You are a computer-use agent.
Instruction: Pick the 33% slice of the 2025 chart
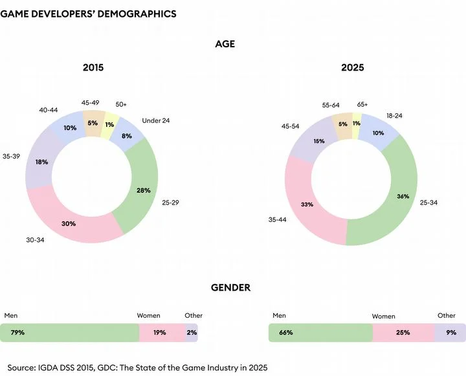307,205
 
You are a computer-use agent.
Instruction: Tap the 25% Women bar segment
404,333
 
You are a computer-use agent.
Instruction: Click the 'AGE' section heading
225,45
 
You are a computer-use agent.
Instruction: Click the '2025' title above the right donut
353,67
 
